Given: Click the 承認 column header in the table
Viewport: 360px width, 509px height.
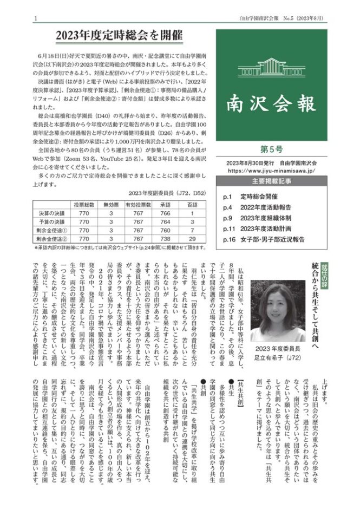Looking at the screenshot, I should click(x=165, y=204).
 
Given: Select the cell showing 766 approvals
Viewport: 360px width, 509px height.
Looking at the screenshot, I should click(x=165, y=213).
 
